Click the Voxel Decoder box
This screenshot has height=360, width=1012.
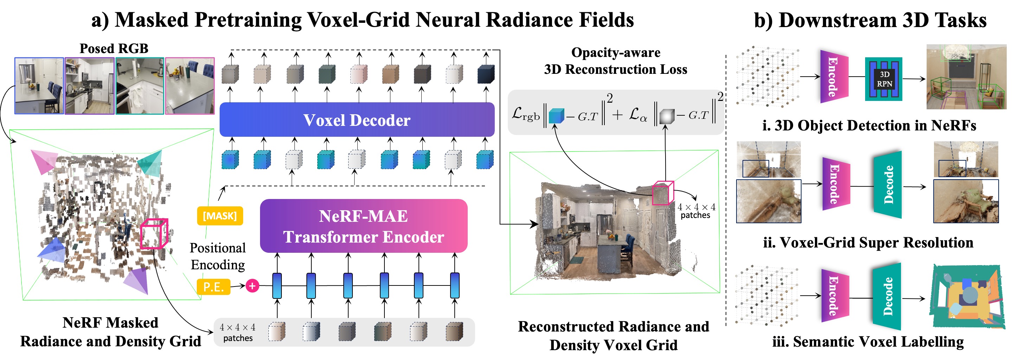pyautogui.click(x=357, y=120)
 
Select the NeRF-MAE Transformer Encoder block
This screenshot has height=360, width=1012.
pyautogui.click(x=364, y=226)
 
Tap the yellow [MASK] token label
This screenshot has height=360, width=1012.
pyautogui.click(x=220, y=216)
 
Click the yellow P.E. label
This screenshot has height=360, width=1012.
pyautogui.click(x=213, y=287)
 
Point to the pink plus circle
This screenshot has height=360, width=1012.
pyautogui.click(x=252, y=286)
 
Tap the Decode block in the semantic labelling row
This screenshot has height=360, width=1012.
pyautogui.click(x=887, y=296)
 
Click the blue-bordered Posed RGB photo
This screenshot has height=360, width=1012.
pyautogui.click(x=39, y=86)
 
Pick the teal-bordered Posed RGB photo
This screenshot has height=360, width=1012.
pyautogui.click(x=140, y=86)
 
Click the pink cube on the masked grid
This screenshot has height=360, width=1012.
pyautogui.click(x=154, y=234)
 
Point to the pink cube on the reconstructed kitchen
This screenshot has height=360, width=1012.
pyautogui.click(x=663, y=193)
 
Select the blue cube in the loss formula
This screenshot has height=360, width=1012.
pyautogui.click(x=556, y=116)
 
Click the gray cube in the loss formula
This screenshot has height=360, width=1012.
pyautogui.click(x=667, y=116)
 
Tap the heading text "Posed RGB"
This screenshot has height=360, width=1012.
pyautogui.click(x=114, y=49)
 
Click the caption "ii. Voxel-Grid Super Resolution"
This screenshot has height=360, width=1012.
pyautogui.click(x=868, y=243)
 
